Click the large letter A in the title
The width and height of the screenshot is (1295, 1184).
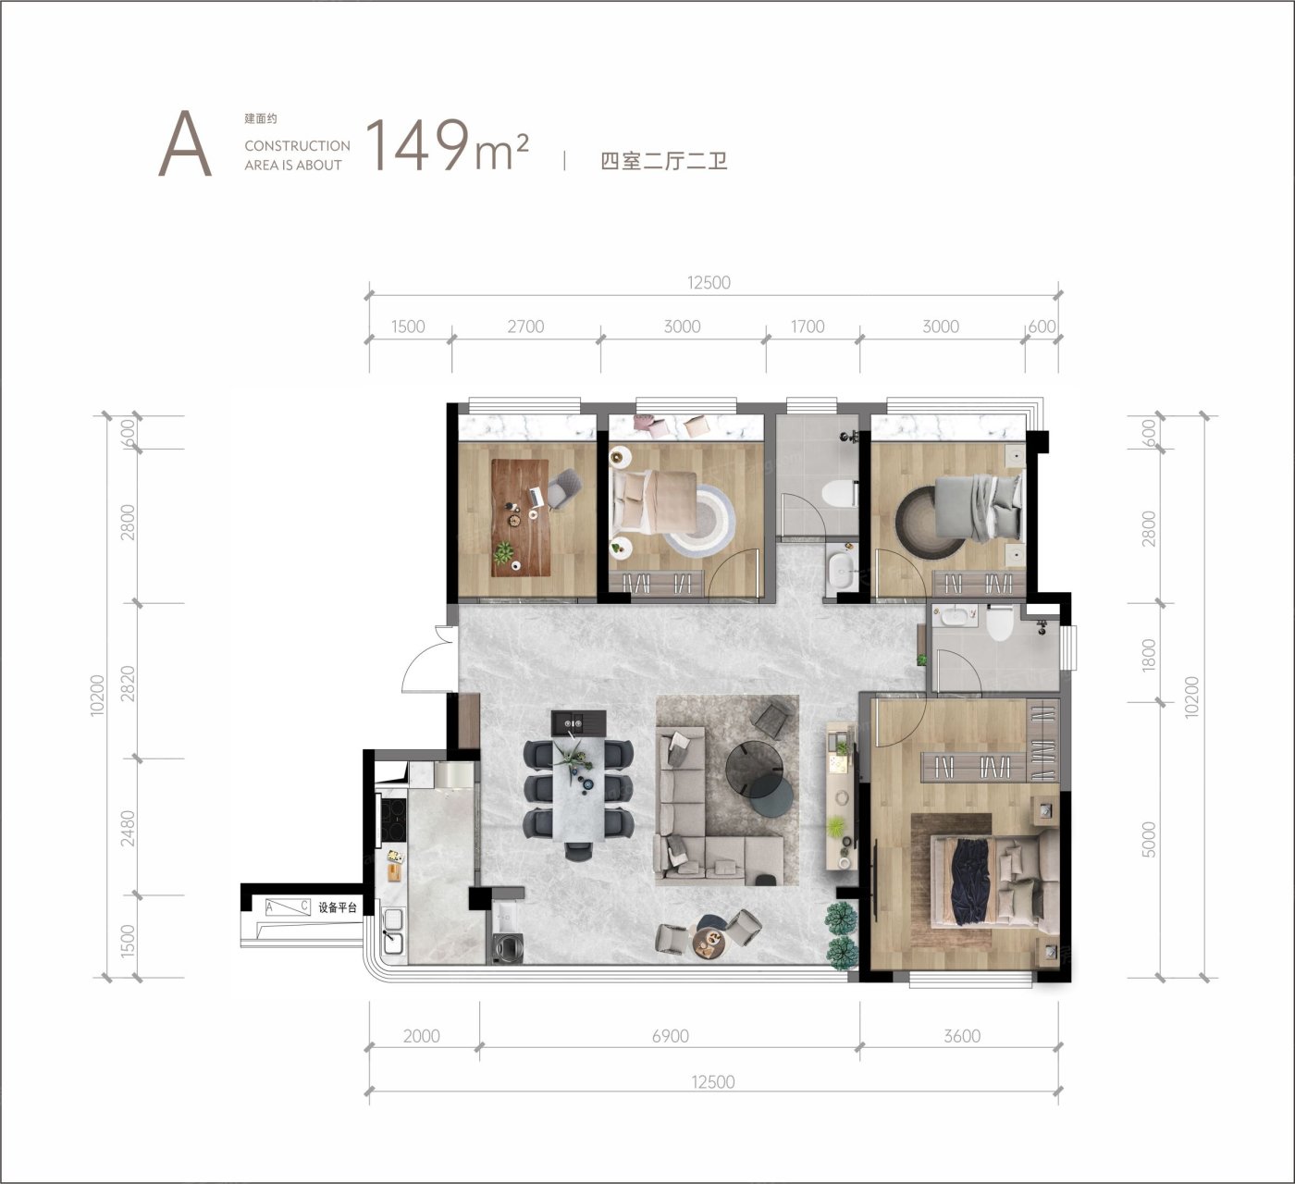[185, 143]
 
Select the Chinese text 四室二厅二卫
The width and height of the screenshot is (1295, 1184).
[663, 161]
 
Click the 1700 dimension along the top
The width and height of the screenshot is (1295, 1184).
[808, 327]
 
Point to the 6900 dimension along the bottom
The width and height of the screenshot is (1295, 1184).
[670, 1036]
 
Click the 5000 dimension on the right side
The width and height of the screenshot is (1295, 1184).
[1149, 839]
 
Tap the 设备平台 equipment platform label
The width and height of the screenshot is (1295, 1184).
[338, 907]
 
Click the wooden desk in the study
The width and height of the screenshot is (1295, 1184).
[521, 518]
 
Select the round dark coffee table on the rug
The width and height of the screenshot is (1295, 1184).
[755, 768]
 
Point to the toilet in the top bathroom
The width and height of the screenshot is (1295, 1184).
[839, 494]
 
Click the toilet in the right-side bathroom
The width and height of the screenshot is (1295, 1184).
[1000, 623]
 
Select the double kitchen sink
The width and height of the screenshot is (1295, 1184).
[393, 931]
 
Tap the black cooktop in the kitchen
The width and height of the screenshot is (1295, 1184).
[392, 820]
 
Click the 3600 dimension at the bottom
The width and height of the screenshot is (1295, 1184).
[962, 1036]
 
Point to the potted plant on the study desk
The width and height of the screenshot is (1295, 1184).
[503, 552]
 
